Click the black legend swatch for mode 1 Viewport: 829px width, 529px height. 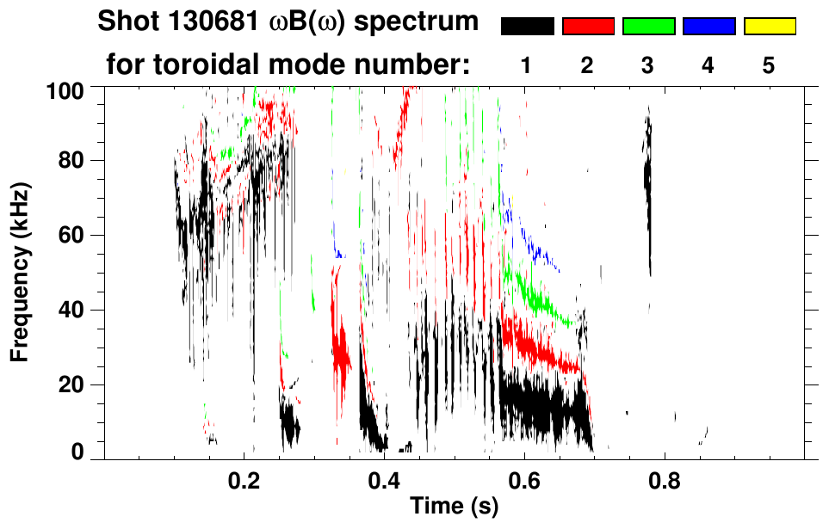pos(527,27)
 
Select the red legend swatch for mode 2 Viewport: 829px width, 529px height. pos(588,27)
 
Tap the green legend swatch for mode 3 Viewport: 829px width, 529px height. pos(648,27)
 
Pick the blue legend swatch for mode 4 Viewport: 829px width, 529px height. pos(708,27)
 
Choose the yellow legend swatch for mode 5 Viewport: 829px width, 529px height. pos(769,27)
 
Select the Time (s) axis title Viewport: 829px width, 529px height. pos(453,507)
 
